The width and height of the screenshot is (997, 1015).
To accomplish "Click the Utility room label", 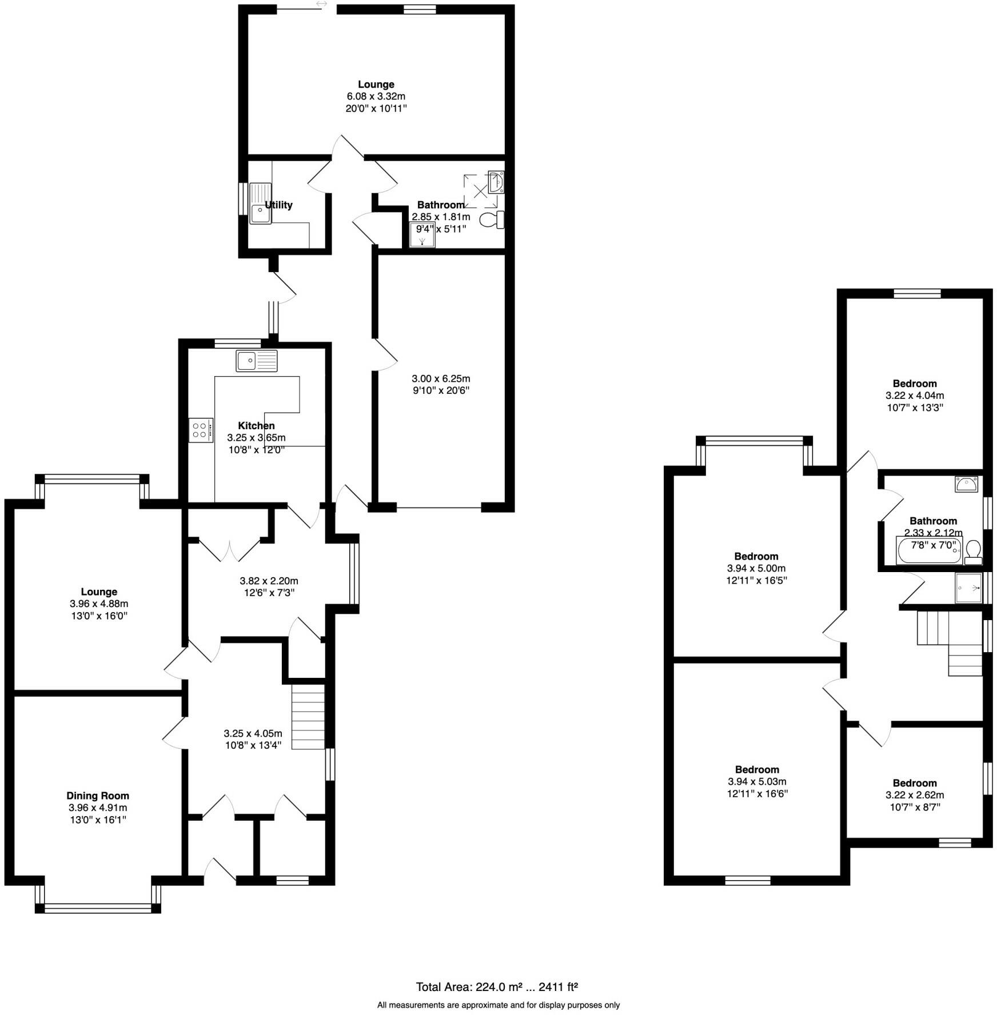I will [278, 205].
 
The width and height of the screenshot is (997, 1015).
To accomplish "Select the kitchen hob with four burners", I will [201, 430].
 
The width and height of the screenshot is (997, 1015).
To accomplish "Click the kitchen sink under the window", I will [256, 361].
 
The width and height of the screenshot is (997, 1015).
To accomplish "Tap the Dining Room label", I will [98, 795].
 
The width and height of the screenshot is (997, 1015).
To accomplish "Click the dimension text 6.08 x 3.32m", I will [376, 96].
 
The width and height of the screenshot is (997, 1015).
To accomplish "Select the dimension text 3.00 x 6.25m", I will [441, 378].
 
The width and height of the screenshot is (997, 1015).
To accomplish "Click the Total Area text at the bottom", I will [497, 986].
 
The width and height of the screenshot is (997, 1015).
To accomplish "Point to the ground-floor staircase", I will [308, 717].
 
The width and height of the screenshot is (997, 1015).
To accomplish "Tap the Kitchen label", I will [256, 425].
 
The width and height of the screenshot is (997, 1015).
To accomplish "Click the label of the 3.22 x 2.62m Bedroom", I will [915, 782].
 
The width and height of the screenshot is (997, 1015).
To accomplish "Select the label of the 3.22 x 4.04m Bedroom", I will [915, 383].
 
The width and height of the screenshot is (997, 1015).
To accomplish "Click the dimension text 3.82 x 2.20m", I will [269, 581].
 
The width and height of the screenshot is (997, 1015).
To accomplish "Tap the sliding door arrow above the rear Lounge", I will [321, 4].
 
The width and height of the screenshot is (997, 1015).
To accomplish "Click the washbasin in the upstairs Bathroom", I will [966, 484].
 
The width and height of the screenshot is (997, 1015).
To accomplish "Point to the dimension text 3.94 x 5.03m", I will [757, 781].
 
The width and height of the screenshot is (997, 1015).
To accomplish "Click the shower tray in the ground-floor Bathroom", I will [422, 235].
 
